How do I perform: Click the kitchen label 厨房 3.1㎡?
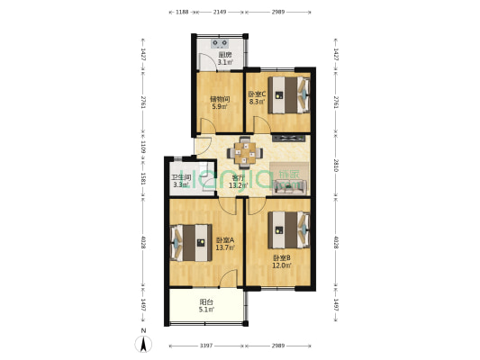pos(225,58)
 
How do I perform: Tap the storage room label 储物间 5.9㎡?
pos(220,103)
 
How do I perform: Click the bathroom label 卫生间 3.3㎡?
pos(181,181)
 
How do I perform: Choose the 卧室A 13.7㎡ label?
pos(225,243)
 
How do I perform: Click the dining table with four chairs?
pos(245,151)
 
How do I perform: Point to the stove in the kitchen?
pos(221,41)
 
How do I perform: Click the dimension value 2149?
pos(219,13)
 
